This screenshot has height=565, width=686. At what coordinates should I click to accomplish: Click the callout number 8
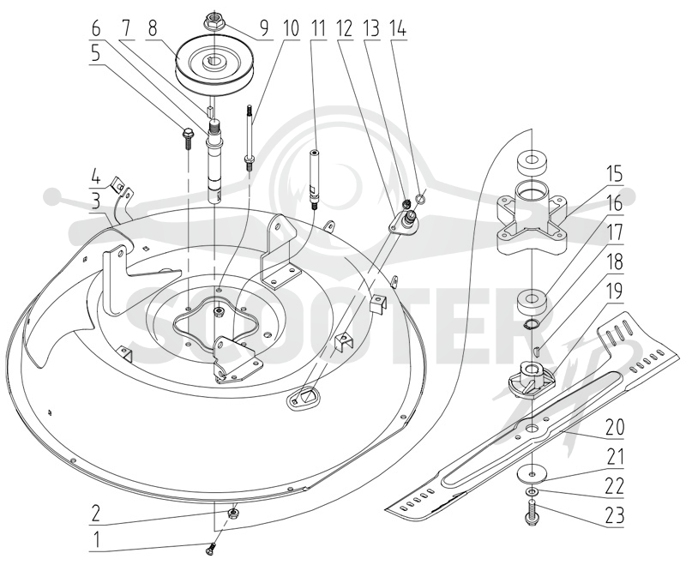153,29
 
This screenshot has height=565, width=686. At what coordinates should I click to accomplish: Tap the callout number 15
614,176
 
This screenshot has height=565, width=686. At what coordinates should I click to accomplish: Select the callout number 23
614,516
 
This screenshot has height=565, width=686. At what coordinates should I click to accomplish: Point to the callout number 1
97,541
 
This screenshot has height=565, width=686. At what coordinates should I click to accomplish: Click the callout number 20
614,428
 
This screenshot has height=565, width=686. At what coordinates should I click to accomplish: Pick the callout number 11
318,29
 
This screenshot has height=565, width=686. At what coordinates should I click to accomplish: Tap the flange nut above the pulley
213,21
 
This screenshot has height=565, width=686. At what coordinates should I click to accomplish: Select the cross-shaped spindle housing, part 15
531,225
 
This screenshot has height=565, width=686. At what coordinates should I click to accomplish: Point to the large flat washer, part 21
531,474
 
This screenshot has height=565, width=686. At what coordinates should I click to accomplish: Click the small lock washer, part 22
531,492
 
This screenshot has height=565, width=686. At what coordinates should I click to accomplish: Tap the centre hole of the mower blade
532,428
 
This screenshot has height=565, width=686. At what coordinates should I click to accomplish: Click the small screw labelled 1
211,549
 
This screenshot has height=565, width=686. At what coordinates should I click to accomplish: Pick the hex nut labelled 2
234,513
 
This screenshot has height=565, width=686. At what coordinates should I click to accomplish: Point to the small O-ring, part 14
419,200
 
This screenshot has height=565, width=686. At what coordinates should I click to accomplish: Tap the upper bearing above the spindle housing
531,164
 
